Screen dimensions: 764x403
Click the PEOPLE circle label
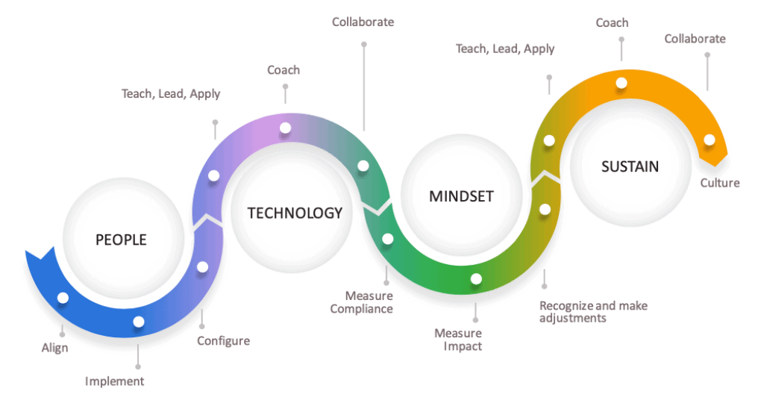(x=121, y=240)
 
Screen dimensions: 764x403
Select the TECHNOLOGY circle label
(x=295, y=213)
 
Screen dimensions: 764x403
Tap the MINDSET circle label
(x=461, y=196)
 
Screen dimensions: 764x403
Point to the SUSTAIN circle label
(x=630, y=166)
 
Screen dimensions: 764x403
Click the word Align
(x=54, y=348)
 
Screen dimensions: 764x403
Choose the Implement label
(x=114, y=381)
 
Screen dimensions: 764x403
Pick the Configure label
(x=223, y=340)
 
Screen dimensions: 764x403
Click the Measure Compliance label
(x=362, y=302)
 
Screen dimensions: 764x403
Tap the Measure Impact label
(x=458, y=340)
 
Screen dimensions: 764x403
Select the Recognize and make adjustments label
(x=593, y=312)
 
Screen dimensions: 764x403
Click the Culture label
(x=720, y=183)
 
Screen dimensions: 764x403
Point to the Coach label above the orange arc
(x=612, y=23)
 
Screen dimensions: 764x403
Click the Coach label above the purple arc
(x=284, y=70)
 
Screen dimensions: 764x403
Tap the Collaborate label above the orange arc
(x=695, y=39)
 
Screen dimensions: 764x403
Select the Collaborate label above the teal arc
(x=363, y=22)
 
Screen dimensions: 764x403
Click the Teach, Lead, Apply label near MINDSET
(x=505, y=49)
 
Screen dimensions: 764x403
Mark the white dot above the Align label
(x=63, y=298)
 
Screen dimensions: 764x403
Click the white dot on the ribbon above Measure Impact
(x=476, y=278)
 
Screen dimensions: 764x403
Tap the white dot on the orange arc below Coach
(x=621, y=83)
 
